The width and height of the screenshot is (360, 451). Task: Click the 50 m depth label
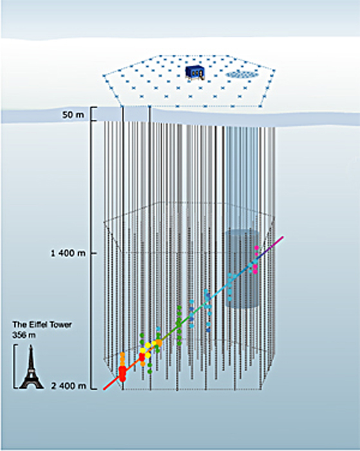pyautogui.click(x=73, y=115)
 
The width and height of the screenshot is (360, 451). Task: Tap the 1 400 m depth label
pyautogui.click(x=68, y=253)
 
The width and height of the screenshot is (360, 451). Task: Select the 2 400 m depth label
pyautogui.click(x=68, y=386)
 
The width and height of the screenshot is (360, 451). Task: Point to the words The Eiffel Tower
pyautogui.click(x=42, y=325)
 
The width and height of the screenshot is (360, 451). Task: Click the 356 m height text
pyautogui.click(x=24, y=335)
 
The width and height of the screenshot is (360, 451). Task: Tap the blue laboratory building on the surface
pyautogui.click(x=195, y=72)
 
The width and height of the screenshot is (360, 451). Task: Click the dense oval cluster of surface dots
pyautogui.click(x=242, y=75)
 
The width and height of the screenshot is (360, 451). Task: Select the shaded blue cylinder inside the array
pyautogui.click(x=242, y=269)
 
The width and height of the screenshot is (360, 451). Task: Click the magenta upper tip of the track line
pyautogui.click(x=283, y=236)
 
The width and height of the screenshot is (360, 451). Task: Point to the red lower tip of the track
pyautogui.click(x=104, y=389)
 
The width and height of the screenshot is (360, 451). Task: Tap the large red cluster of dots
pyautogui.click(x=122, y=373)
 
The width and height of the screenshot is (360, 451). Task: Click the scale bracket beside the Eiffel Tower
pyautogui.click(x=14, y=366)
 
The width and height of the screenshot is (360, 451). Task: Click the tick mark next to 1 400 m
pyautogui.click(x=94, y=253)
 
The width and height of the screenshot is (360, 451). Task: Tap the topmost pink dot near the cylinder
pyautogui.click(x=256, y=247)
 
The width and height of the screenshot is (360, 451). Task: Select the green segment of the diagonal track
pyautogui.click(x=175, y=327)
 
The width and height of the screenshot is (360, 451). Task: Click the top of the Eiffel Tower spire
pyautogui.click(x=31, y=345)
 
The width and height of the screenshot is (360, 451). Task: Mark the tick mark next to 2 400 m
pyautogui.click(x=94, y=389)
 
